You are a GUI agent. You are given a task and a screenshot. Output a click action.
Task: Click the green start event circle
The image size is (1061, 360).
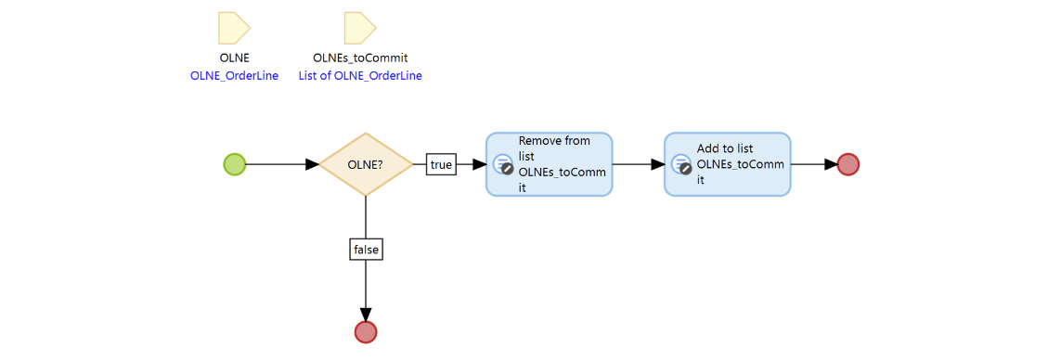point(235,164)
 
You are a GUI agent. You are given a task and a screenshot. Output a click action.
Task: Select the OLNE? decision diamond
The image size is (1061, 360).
point(366,164)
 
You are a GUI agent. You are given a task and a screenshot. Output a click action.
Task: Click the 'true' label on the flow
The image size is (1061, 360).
point(441,164)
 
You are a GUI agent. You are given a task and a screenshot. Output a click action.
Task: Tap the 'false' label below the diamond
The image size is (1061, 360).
point(367,249)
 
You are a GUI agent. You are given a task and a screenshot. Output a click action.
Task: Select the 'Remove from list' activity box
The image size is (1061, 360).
point(550,164)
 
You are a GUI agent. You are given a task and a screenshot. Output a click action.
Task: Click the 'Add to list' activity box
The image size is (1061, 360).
point(728,164)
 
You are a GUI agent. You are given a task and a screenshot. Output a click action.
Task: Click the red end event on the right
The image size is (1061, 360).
point(848,164)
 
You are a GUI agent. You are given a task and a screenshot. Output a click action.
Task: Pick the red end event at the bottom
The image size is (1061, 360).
point(366,331)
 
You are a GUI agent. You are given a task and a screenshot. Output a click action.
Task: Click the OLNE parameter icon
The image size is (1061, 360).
point(233,29)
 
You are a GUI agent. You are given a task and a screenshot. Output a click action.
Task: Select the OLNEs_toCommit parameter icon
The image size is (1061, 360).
point(359,29)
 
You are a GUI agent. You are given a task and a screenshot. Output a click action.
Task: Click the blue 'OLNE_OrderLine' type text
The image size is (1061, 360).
point(234,76)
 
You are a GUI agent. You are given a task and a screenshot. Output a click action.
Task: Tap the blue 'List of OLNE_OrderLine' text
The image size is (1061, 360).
point(360,76)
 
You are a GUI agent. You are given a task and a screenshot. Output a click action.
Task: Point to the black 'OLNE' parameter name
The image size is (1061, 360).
point(234,58)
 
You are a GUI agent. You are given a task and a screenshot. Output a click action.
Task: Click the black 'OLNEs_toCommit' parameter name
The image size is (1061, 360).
point(360,58)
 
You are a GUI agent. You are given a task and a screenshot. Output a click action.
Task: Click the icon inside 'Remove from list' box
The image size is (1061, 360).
point(504,165)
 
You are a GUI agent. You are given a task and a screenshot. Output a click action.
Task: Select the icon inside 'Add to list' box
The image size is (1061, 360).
point(682,165)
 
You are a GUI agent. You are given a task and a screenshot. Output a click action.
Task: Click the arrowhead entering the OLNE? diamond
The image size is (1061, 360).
point(312,164)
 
